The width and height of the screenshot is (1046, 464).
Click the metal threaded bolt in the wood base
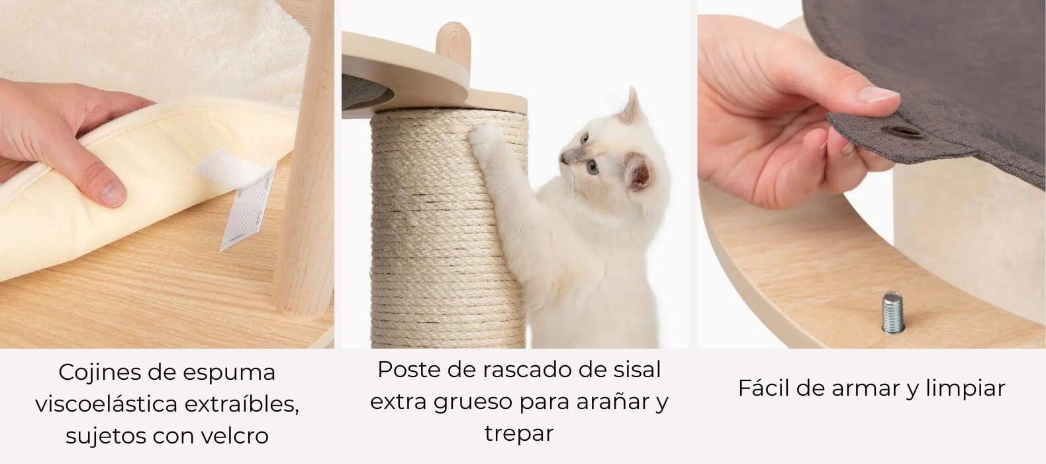click(893, 312)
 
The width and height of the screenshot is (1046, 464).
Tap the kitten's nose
click(563, 160)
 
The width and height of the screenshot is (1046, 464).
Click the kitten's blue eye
click(593, 167)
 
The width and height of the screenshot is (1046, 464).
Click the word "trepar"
click(519, 434)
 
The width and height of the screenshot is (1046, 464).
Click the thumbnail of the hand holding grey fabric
click(878, 95)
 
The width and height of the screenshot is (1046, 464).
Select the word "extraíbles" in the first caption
click(242, 404)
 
